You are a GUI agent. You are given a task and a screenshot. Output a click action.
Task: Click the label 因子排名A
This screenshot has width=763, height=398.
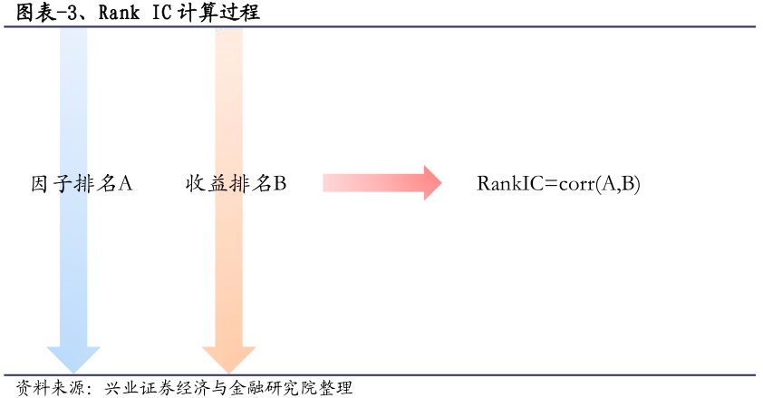[82, 184]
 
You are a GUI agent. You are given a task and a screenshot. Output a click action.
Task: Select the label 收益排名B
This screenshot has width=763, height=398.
[236, 184]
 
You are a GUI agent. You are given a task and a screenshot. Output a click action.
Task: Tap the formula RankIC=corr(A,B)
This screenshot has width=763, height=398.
[558, 184]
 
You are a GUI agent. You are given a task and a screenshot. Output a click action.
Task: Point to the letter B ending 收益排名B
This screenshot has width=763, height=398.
[280, 184]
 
